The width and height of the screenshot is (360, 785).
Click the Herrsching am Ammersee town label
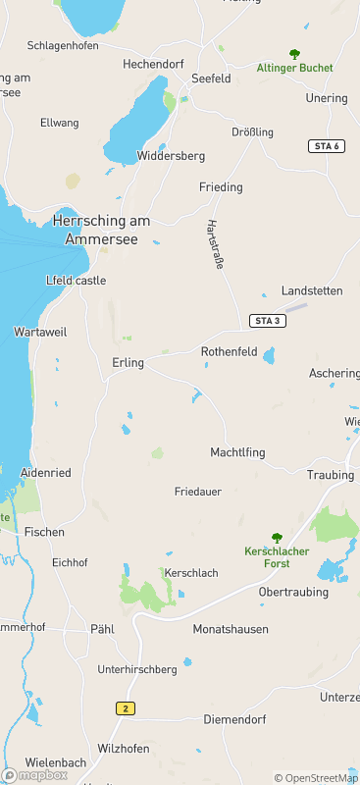click(x=102, y=230)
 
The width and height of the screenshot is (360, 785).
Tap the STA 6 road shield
click(x=327, y=146)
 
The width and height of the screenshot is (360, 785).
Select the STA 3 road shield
click(x=266, y=321)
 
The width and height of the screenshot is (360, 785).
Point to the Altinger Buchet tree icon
click(x=294, y=54)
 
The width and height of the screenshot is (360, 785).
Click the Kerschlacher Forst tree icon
click(x=277, y=538)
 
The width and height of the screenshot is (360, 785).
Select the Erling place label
click(x=128, y=363)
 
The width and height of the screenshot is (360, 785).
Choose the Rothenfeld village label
click(x=229, y=351)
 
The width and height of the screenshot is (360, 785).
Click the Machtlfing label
click(x=237, y=452)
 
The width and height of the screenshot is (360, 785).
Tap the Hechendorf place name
click(x=154, y=64)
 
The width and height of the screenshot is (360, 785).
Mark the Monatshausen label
click(x=231, y=629)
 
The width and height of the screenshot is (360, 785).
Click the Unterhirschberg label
click(x=137, y=669)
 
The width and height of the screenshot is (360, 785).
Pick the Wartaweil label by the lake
click(x=40, y=333)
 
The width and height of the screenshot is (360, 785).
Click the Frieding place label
click(x=221, y=187)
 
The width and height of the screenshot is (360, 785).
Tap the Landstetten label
click(x=312, y=291)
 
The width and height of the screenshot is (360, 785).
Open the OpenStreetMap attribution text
click(x=316, y=778)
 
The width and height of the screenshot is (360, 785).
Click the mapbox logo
click(x=35, y=774)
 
